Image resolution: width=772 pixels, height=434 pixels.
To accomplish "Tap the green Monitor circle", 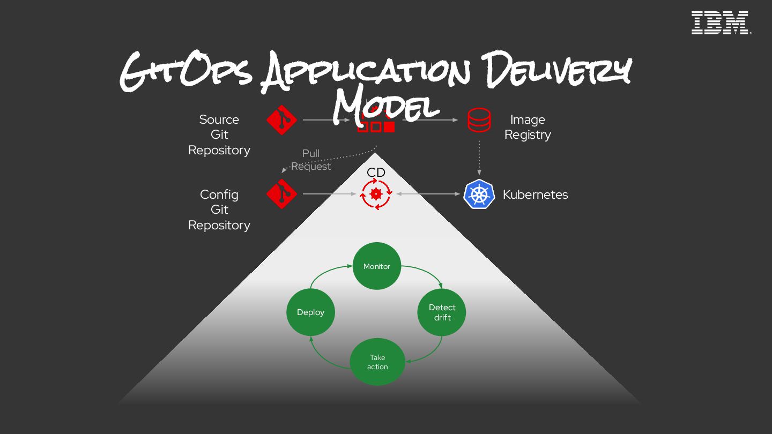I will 377,266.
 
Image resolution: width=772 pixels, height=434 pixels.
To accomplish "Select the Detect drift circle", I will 442,312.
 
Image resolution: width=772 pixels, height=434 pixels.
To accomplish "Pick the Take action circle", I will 377,362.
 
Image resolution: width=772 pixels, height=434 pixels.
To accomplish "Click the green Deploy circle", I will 311,312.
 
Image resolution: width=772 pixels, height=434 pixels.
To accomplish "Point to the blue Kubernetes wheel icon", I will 479,194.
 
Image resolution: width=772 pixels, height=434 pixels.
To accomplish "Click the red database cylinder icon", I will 479,120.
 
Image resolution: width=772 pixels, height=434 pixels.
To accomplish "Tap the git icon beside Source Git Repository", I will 282,120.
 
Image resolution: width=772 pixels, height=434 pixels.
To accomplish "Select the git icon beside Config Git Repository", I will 282,194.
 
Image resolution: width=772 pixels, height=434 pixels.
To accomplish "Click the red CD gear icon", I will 376,194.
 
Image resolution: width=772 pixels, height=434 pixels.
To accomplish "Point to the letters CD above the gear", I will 376,173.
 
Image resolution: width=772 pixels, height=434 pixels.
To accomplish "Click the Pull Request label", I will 311,160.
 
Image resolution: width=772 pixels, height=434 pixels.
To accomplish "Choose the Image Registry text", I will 528,127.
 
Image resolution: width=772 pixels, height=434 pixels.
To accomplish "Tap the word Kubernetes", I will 535,194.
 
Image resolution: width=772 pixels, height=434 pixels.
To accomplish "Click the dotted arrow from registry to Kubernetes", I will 479,158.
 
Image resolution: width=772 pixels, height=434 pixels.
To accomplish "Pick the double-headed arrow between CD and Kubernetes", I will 428,194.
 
